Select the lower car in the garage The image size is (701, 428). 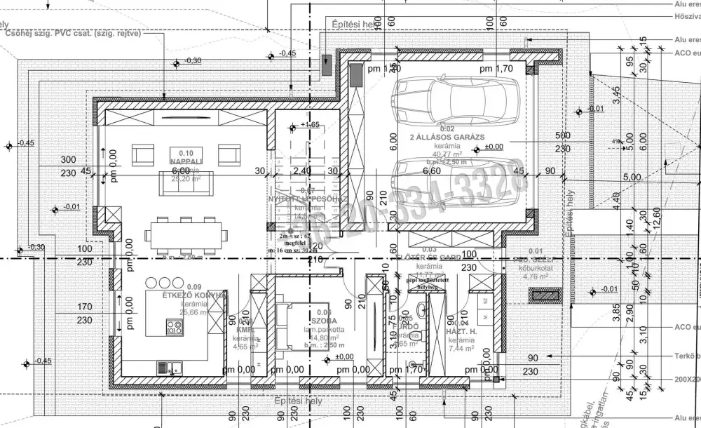(456, 182)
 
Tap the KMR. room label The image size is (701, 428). (245, 329)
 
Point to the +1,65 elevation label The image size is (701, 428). (309, 124)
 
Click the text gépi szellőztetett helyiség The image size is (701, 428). (421, 283)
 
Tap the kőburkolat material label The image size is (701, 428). (535, 267)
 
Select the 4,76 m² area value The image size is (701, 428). (535, 276)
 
